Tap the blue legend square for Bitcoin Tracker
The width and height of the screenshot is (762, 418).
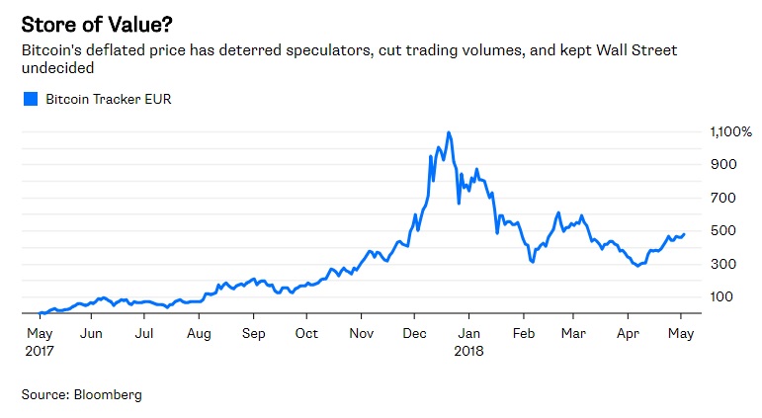coord(30,99)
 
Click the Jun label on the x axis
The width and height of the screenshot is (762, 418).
coord(91,333)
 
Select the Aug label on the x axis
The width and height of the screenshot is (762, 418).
coord(200,333)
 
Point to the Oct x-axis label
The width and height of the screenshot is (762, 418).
coord(306,333)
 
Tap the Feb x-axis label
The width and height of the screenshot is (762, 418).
coord(524,333)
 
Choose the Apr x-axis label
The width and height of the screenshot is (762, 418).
coord(629,333)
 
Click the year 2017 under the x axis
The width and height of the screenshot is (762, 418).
coord(41,350)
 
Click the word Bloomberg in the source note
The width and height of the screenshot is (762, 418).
coord(109,394)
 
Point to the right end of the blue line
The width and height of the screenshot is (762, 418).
coord(684,234)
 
